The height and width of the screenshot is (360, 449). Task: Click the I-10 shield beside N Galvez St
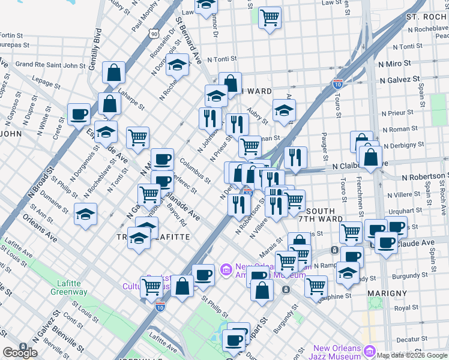(337, 84)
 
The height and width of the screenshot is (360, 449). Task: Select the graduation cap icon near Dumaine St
(86, 214)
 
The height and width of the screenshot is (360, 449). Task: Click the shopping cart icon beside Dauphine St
(315, 286)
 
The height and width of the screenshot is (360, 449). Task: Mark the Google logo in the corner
(20, 353)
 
